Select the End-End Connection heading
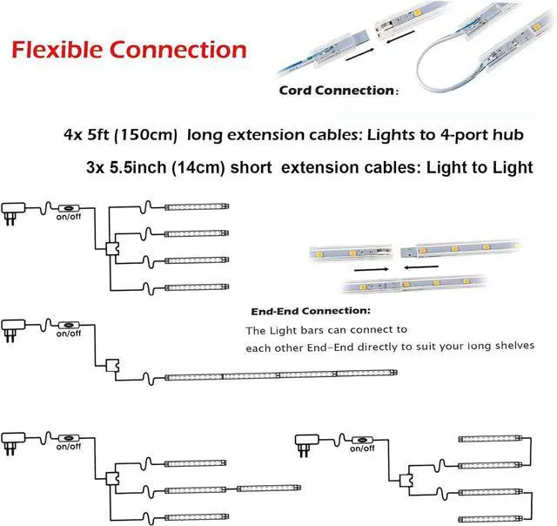click(x=310, y=311)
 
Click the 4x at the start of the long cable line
click(x=73, y=136)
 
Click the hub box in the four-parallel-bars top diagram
click(x=111, y=248)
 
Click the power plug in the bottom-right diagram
click(x=307, y=441)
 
